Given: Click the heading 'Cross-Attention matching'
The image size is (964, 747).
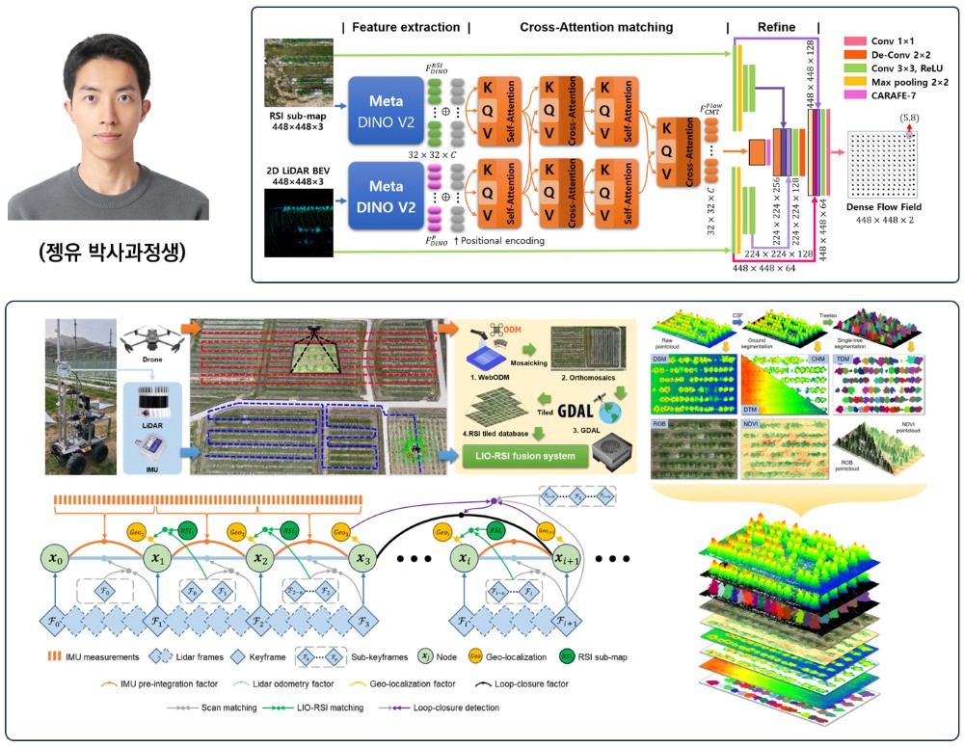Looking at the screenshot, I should pyautogui.click(x=598, y=26).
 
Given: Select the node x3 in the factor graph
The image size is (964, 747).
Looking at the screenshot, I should pyautogui.click(x=362, y=557).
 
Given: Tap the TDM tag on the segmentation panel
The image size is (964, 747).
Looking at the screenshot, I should pyautogui.click(x=843, y=359).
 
